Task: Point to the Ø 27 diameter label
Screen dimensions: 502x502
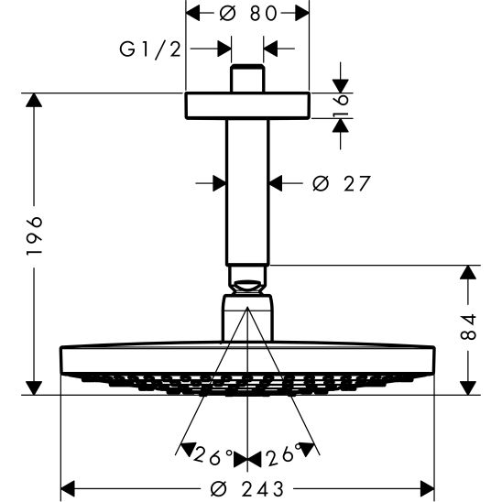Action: click(341, 183)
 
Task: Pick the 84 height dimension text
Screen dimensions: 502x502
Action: click(469, 328)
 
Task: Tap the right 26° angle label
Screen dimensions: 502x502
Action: click(285, 453)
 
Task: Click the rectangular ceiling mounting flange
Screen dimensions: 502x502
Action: click(247, 105)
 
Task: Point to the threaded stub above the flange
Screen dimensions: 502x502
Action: click(247, 78)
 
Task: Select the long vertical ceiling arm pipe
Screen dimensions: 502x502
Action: click(247, 192)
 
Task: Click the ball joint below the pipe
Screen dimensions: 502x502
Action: click(247, 280)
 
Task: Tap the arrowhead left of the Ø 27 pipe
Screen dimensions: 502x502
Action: click(218, 183)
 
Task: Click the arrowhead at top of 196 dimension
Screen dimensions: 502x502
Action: click(34, 102)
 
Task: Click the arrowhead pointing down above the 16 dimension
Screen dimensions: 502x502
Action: click(340, 83)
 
